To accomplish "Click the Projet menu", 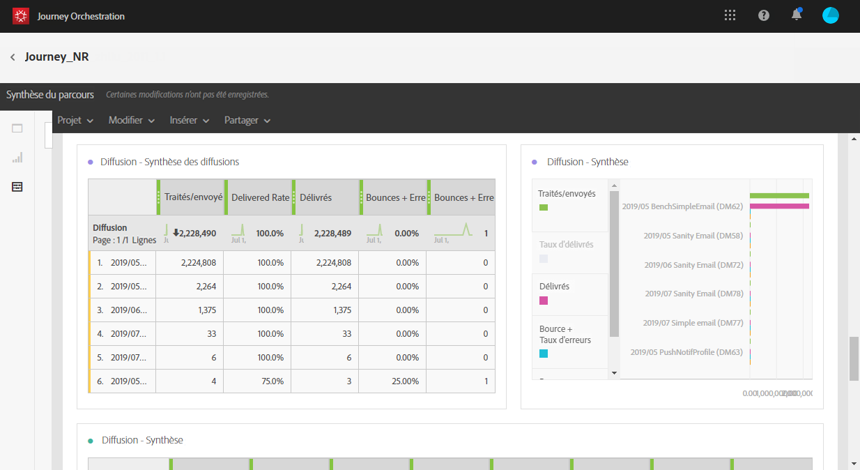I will [75, 121].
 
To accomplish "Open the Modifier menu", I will [131, 121].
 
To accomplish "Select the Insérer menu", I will [189, 121].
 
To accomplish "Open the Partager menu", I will [247, 121].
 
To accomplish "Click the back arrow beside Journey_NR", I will [13, 57].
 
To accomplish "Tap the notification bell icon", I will [797, 15].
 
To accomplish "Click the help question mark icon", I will [764, 15].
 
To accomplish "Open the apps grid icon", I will [730, 15].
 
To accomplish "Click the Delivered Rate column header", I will [260, 197].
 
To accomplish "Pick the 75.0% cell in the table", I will [270, 381].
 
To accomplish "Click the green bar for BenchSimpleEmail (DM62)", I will [779, 196].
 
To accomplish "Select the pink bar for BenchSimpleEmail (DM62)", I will [779, 206].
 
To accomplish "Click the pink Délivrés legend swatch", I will [544, 301].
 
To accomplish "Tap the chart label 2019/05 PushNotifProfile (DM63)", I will [686, 352].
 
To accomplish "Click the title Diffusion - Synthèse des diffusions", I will [169, 162].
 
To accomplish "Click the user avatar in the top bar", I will [830, 15].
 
